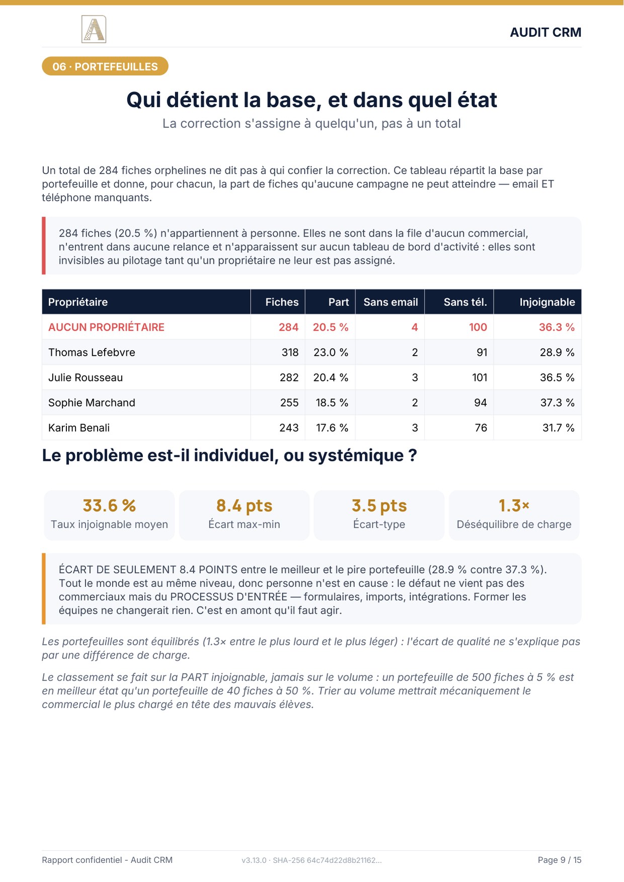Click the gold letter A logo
94,29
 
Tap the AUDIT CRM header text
545,32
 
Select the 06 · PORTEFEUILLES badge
105,66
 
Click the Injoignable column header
547,302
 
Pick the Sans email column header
391,302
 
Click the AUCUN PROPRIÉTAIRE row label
106,327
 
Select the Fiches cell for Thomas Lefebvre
290,352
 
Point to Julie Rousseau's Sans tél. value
480,377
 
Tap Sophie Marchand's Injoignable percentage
557,403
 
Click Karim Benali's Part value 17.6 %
332,428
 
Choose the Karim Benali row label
79,428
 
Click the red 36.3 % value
557,327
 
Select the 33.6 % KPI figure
109,505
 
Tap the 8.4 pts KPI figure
244,505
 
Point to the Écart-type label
379,524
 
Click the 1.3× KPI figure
514,505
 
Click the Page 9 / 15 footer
560,860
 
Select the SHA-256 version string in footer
311,860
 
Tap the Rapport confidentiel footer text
107,860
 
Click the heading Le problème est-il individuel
229,455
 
